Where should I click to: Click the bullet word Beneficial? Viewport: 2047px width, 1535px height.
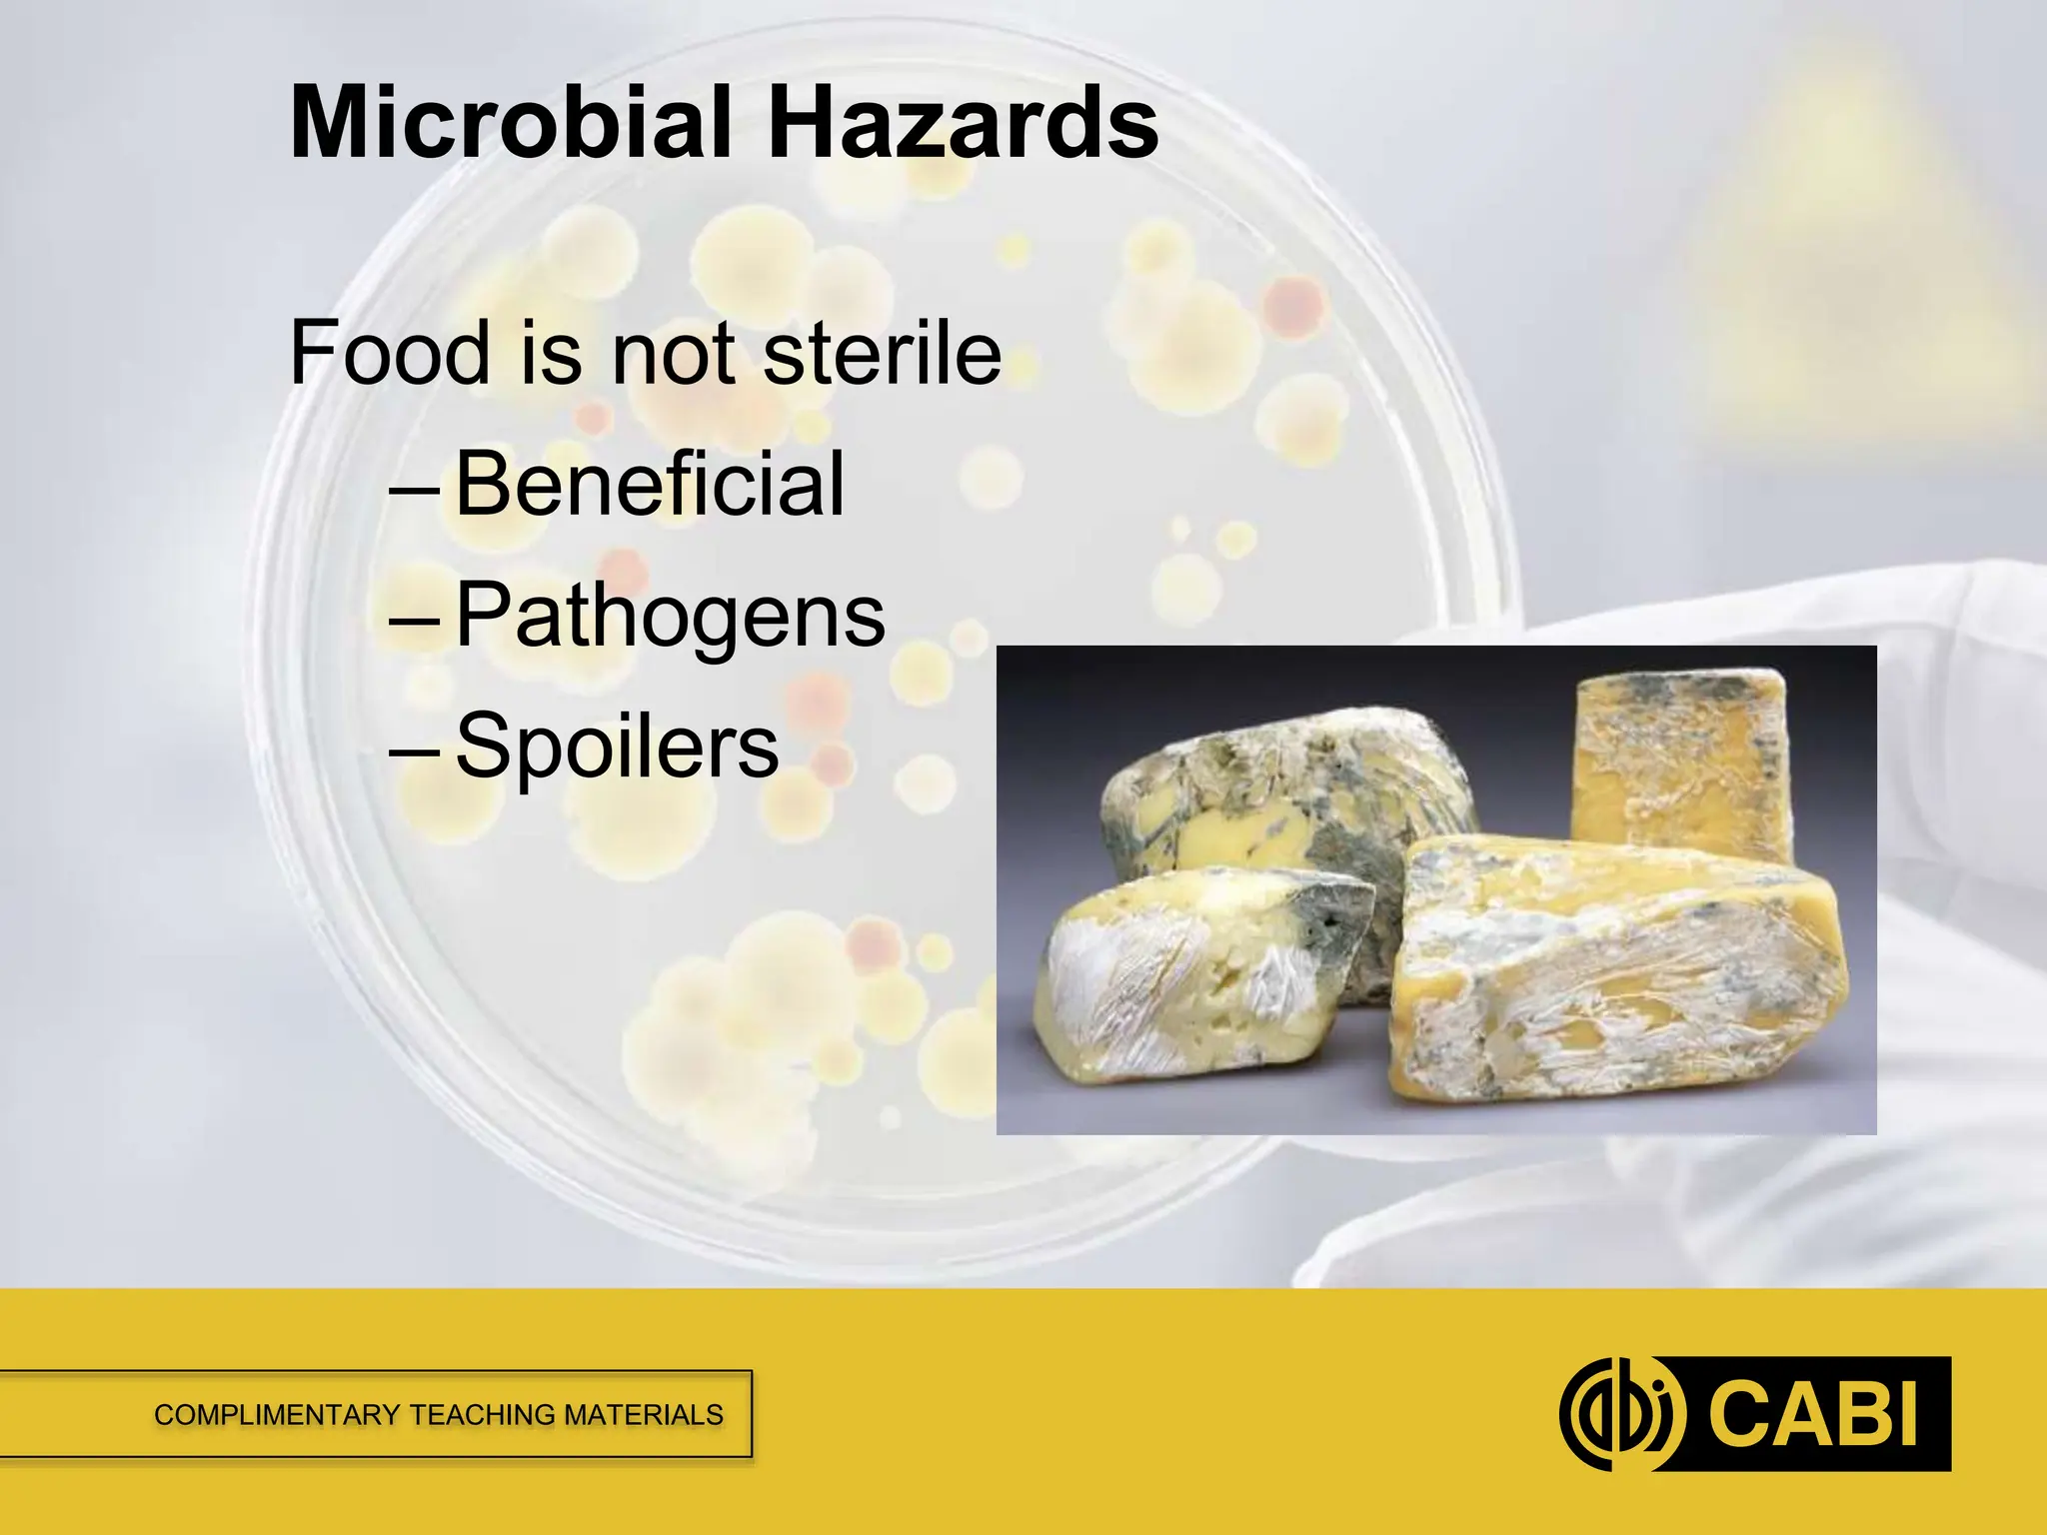[650, 484]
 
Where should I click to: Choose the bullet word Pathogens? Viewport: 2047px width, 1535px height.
[670, 616]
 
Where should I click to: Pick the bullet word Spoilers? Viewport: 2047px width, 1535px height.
[617, 746]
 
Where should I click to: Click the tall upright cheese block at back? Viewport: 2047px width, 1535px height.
[1679, 765]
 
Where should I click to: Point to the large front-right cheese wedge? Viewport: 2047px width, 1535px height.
[1609, 979]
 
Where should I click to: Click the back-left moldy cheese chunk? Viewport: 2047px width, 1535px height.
[1289, 789]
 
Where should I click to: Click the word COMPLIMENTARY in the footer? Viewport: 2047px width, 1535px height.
[277, 1415]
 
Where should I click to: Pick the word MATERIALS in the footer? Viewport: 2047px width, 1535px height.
[644, 1415]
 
